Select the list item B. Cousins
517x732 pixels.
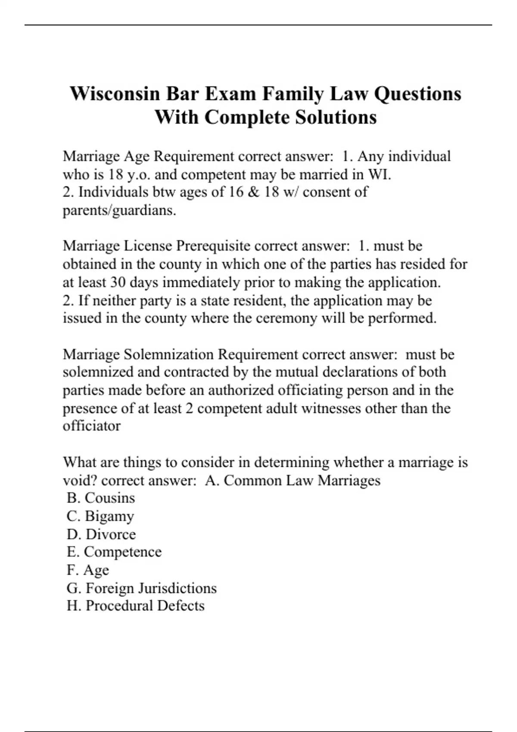tap(101, 498)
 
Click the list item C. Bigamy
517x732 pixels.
tap(100, 516)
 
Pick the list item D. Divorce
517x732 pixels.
tap(101, 534)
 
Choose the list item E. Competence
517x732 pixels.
tap(114, 552)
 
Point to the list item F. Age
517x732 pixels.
tap(88, 570)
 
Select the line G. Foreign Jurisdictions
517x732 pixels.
tap(142, 588)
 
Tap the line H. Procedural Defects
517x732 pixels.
tap(136, 605)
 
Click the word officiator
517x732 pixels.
tap(92, 426)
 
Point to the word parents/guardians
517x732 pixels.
tap(119, 210)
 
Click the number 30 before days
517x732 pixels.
tap(118, 282)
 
